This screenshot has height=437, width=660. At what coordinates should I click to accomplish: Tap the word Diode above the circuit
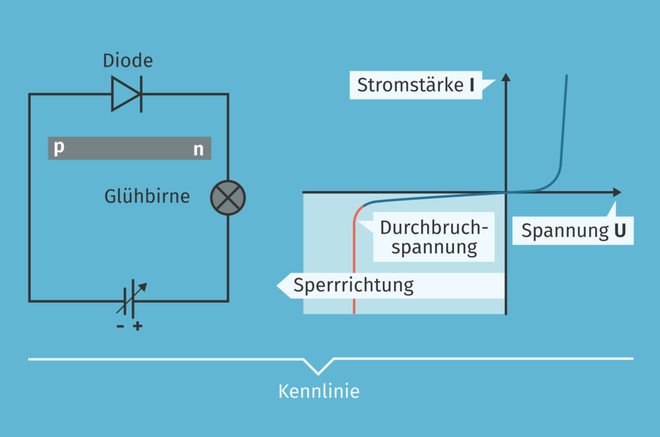[x=128, y=61]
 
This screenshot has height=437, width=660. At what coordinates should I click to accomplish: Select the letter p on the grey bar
[x=59, y=148]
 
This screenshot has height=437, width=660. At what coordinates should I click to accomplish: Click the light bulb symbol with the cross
[x=228, y=198]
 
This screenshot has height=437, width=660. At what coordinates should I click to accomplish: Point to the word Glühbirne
[x=147, y=196]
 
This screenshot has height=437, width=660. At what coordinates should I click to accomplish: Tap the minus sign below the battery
[x=120, y=326]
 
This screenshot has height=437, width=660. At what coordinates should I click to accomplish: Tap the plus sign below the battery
[x=137, y=326]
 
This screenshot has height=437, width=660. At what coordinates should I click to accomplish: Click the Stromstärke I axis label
[x=416, y=85]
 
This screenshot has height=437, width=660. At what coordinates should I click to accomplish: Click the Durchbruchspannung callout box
[x=434, y=238]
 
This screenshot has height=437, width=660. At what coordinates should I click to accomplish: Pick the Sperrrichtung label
[x=353, y=286]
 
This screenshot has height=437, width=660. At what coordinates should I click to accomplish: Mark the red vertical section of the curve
[x=354, y=264]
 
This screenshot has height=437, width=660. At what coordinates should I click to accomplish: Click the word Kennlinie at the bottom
[x=318, y=391]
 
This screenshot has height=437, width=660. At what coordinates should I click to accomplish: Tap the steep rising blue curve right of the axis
[x=563, y=127]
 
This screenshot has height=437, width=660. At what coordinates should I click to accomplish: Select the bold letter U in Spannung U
[x=619, y=231]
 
